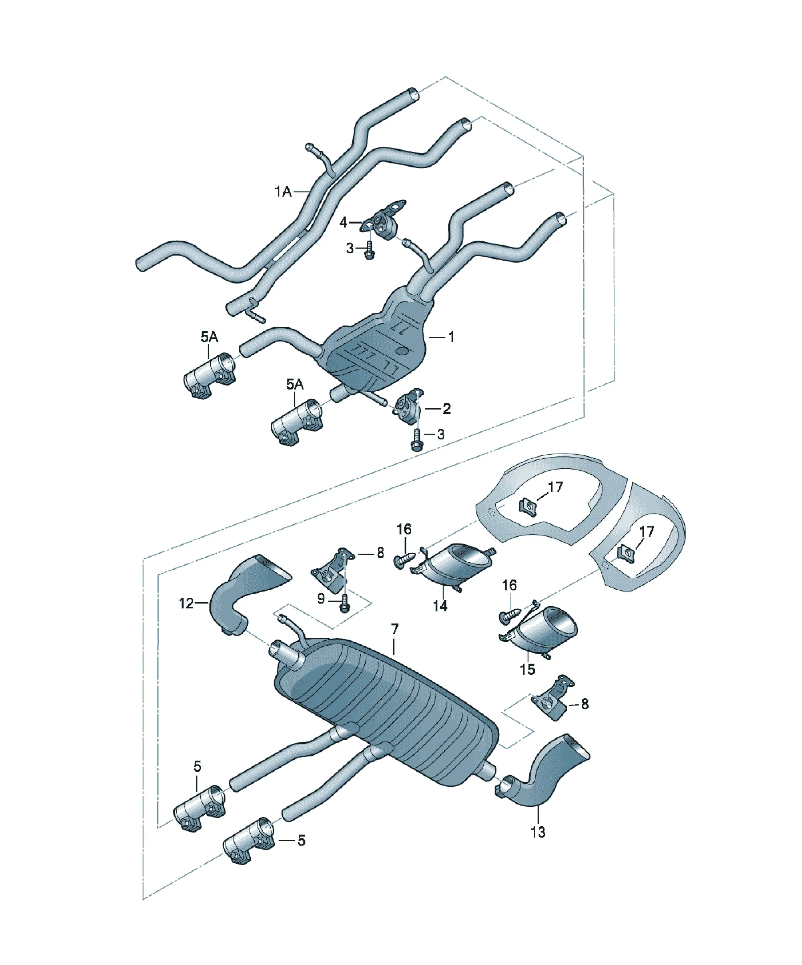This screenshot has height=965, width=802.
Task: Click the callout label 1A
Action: (x=283, y=191)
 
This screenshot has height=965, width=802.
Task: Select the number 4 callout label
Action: (x=343, y=223)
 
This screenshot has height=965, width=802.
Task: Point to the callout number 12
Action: (x=186, y=603)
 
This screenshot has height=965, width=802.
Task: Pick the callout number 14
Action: (x=440, y=606)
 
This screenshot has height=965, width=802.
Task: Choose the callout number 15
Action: (x=527, y=669)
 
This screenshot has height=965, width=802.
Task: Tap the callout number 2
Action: (x=446, y=408)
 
